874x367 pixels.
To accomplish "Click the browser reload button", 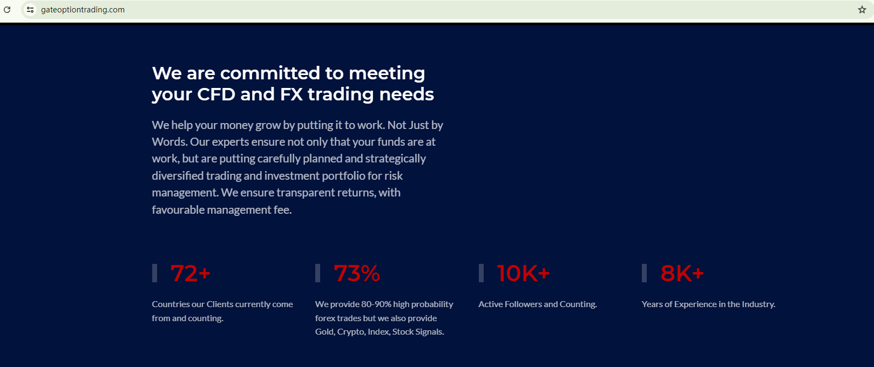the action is [7, 10].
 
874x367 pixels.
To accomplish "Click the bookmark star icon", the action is [862, 10].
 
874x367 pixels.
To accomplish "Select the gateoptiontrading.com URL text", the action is [83, 10].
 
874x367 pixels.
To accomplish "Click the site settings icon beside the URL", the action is [30, 10].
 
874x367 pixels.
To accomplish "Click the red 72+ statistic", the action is [191, 273].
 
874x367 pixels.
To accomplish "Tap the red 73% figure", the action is [357, 273].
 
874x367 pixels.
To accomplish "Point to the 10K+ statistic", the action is [523, 273].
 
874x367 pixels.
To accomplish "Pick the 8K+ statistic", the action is [682, 273].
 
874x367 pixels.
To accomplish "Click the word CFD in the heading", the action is [216, 94].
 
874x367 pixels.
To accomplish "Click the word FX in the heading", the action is [291, 94].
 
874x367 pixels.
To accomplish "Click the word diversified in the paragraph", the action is [178, 175].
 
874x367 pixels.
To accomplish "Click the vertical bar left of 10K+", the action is [481, 273].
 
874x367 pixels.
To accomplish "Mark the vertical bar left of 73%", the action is [317, 273].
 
